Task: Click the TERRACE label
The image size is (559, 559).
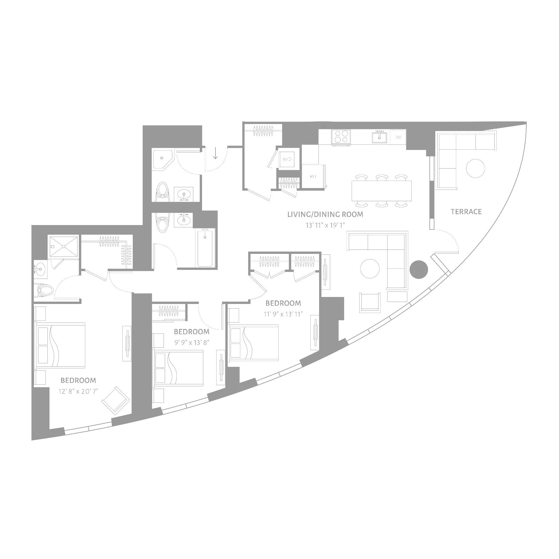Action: tap(466, 212)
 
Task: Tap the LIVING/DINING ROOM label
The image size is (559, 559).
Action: tap(325, 215)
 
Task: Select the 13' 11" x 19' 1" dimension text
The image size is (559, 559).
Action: tap(325, 225)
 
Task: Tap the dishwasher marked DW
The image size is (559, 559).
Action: tap(398, 137)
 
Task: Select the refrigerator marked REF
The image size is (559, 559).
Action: tap(313, 176)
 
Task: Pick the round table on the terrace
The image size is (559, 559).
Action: tap(475, 168)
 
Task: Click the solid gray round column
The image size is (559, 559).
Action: tap(419, 269)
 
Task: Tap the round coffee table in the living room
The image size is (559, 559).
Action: tap(370, 269)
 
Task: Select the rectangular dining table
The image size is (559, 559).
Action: tap(382, 191)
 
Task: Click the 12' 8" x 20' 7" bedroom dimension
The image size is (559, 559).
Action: tap(78, 391)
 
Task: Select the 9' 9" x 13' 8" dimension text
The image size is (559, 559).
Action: tap(192, 342)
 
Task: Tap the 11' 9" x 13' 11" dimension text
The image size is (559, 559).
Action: tap(283, 314)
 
